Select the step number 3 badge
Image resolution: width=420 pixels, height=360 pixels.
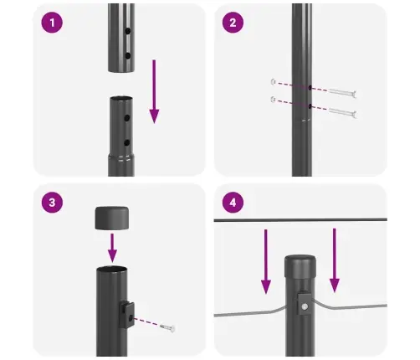tap(53, 203)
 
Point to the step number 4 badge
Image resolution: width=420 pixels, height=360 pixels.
tap(233, 203)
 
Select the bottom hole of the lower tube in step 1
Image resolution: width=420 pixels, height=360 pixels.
tap(126, 143)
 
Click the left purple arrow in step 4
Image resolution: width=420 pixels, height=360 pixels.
tap(266, 260)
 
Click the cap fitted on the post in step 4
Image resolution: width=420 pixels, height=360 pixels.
tap(300, 268)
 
